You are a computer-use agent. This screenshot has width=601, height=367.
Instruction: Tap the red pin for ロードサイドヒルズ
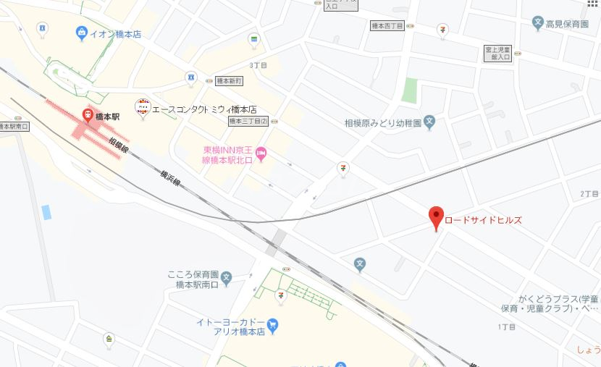point(436,216)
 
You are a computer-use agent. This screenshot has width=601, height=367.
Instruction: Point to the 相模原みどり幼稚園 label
point(382,123)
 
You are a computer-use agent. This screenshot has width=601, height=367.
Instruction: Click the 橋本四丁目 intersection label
point(387,25)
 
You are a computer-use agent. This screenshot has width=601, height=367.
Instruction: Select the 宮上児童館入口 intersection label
point(497,53)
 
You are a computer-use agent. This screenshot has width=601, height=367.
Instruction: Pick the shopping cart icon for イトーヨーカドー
point(272,325)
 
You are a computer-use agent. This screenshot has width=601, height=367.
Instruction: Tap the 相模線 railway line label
point(119,148)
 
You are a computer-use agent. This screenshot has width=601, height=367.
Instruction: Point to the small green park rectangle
point(410,90)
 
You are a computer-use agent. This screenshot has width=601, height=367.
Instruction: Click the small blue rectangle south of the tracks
point(46,212)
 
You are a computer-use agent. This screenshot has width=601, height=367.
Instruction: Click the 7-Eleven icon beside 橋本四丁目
point(442,29)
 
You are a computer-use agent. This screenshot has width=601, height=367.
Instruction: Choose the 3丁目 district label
point(258,65)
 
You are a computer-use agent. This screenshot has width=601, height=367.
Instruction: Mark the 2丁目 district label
point(589,194)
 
